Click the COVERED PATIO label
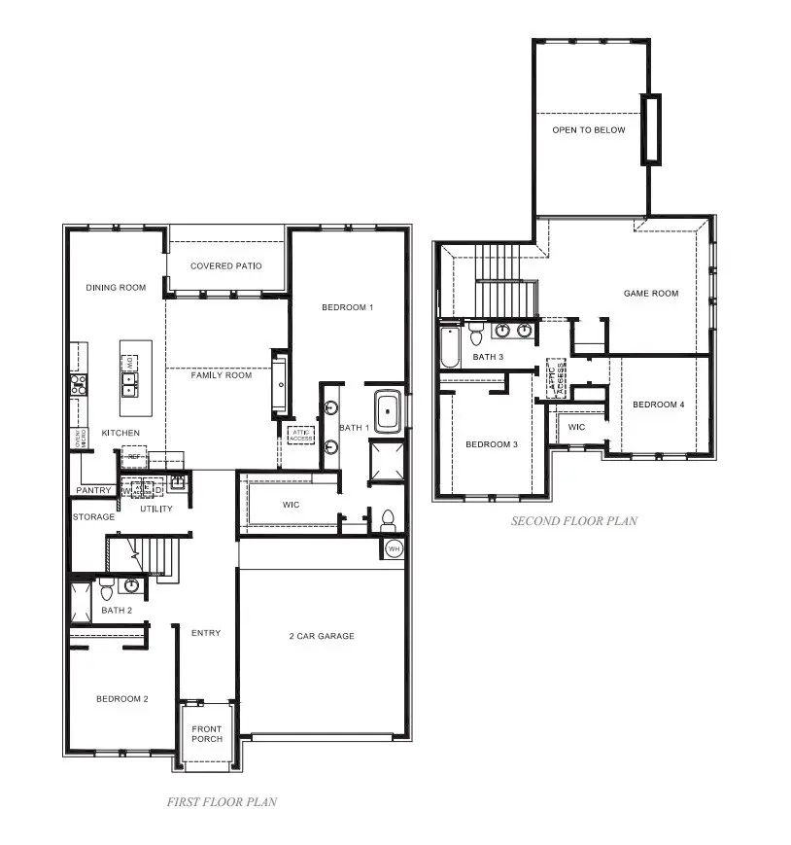[225, 266]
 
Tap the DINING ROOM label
[116, 288]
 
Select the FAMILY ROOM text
[221, 375]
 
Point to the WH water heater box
[394, 548]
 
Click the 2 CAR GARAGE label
[321, 636]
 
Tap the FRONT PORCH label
[206, 734]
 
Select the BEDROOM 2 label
[121, 699]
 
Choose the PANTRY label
[93, 491]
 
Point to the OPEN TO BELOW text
[589, 130]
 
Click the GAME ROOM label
[651, 294]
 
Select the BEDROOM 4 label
[659, 405]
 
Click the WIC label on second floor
[576, 427]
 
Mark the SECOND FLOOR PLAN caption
[574, 521]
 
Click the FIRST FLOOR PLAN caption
[222, 802]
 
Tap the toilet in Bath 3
[476, 334]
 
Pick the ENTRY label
[206, 633]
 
